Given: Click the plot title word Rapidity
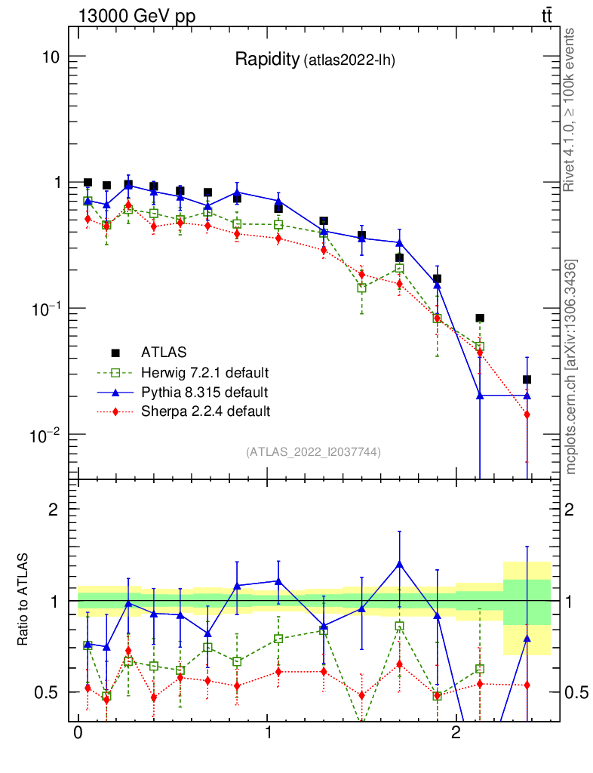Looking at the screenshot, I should coord(267,60).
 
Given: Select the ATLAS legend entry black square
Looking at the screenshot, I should coord(116,353).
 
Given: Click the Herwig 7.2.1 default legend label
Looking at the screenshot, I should coord(205,373).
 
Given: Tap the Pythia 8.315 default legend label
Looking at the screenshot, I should coord(204,393).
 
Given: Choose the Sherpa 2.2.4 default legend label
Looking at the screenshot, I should coord(205,411).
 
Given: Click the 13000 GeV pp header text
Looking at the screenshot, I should coord(136,16).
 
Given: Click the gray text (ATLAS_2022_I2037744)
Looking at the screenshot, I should coord(313,452).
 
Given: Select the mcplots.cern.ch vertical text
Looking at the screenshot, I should coord(572,367).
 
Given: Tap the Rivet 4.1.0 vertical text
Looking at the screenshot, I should coord(570,109).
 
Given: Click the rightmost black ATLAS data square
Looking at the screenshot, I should coord(527,379).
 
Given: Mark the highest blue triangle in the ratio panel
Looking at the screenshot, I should coord(398,563).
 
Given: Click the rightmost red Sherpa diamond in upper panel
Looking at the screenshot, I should coord(527,414).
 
